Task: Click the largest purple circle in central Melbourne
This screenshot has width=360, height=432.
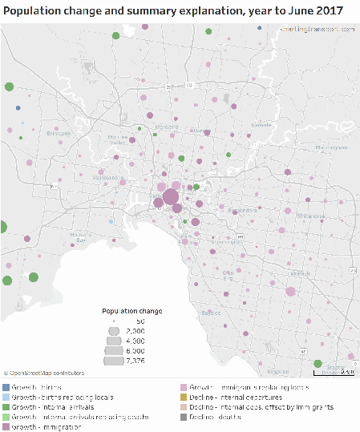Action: point(171,198)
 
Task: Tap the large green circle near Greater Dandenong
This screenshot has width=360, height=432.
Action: point(318,363)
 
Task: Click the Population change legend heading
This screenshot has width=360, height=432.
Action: point(132,311)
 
